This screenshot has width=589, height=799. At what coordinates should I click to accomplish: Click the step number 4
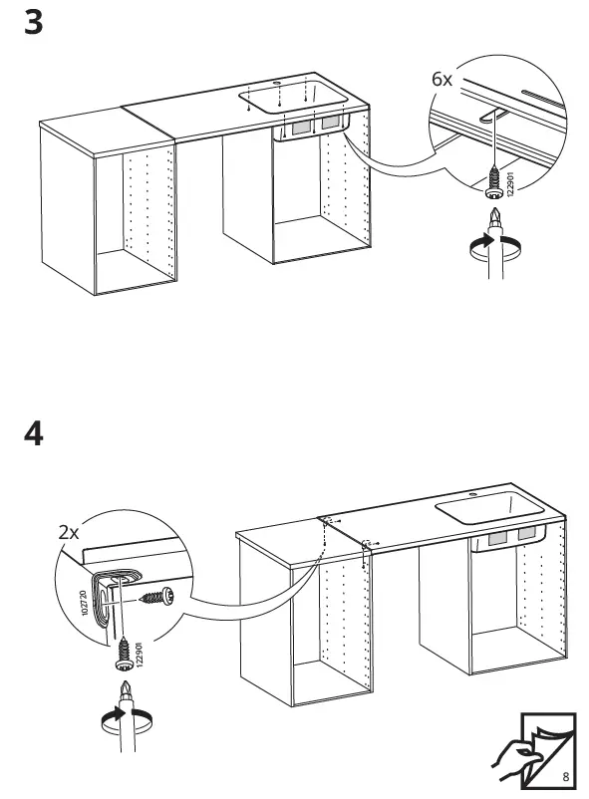pos(33,436)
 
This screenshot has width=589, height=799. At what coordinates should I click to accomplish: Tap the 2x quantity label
pos(69,533)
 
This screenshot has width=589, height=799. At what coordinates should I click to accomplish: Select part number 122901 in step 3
pos(510,185)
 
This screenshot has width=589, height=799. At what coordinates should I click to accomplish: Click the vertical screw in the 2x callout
pos(125,653)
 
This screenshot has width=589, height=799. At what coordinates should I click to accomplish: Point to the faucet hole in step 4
pos(472,494)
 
